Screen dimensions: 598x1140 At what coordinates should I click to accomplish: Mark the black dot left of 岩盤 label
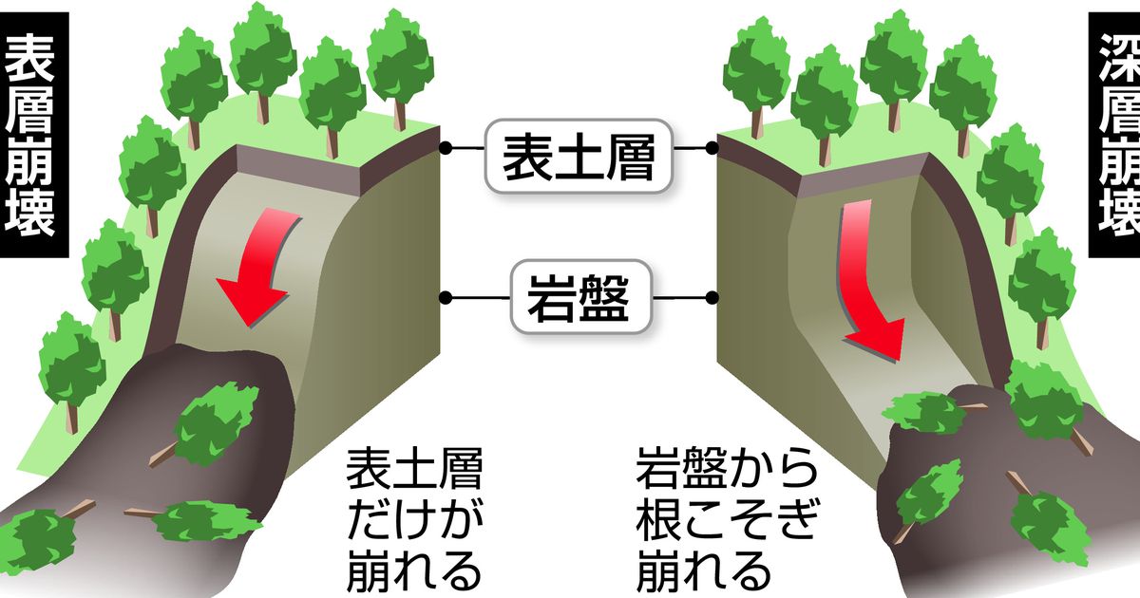click(444, 298)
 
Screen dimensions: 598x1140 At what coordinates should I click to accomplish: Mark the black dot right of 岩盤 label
click(712, 298)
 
